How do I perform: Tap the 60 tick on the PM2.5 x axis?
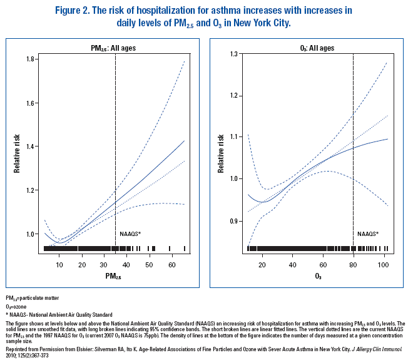click(172, 265)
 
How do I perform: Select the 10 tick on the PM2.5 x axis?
click(59, 265)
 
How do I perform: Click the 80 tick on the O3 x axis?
click(354, 265)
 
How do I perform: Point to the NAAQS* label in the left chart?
click(130, 234)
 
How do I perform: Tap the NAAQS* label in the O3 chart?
click(368, 234)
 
